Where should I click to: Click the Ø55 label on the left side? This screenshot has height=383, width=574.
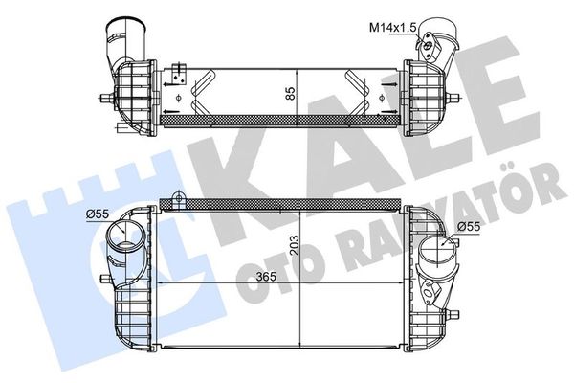coord(96,213)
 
